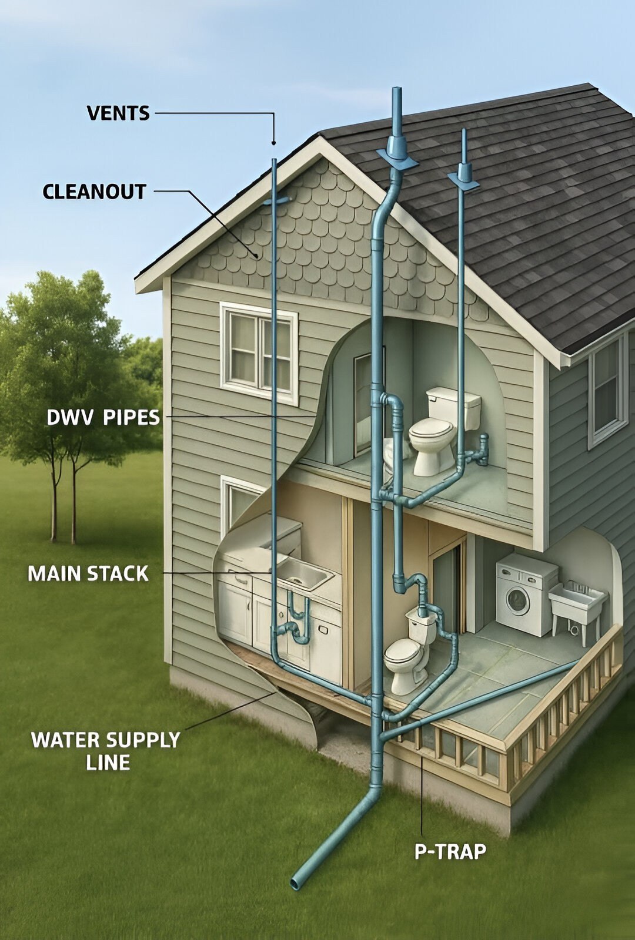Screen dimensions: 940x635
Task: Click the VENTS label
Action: point(118,113)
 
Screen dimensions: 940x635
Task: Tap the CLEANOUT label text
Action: point(94,192)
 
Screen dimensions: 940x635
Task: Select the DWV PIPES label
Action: point(103,418)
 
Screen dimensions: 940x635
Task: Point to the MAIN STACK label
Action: point(88,573)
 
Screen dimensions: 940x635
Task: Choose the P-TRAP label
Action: point(451,851)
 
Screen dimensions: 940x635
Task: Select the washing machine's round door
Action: point(517,600)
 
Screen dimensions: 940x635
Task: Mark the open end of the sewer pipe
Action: point(297,882)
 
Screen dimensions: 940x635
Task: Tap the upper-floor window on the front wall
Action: point(259,352)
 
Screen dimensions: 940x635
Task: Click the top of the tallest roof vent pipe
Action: point(397,92)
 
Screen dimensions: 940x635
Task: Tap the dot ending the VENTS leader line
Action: point(273,143)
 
